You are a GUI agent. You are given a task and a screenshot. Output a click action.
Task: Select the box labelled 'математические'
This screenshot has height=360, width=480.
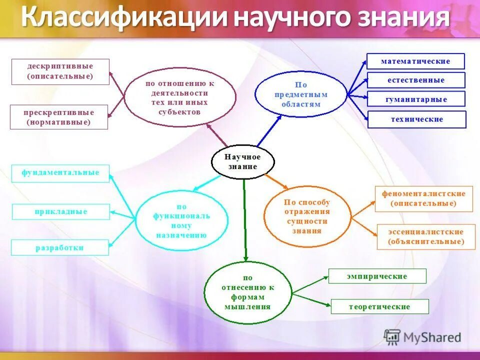pyautogui.click(x=415, y=61)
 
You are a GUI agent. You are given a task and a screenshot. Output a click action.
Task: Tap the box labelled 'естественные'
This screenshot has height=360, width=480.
pyautogui.click(x=416, y=80)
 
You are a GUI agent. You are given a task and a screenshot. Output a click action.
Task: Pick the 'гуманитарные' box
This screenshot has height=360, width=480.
pyautogui.click(x=416, y=99)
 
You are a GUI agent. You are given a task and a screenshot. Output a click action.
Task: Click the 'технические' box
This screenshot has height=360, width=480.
pyautogui.click(x=416, y=119)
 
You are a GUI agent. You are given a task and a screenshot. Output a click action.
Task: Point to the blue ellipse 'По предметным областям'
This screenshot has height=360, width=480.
pyautogui.click(x=300, y=93)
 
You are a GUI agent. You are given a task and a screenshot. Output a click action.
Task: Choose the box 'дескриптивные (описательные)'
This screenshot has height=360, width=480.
pyautogui.click(x=60, y=71)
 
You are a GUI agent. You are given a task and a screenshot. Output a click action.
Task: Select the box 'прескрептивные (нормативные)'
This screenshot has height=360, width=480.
pyautogui.click(x=58, y=116)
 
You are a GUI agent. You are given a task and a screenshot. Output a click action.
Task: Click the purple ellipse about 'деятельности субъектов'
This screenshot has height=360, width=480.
pyautogui.click(x=179, y=97)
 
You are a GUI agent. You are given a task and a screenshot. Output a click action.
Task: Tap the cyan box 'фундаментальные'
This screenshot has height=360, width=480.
pyautogui.click(x=60, y=173)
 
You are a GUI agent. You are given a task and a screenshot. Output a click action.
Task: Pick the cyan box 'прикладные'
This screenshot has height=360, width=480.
pyautogui.click(x=60, y=212)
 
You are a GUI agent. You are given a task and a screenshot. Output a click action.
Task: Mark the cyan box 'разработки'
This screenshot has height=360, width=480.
pyautogui.click(x=59, y=247)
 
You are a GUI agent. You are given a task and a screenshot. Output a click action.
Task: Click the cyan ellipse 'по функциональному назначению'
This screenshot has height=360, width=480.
pyautogui.click(x=181, y=220)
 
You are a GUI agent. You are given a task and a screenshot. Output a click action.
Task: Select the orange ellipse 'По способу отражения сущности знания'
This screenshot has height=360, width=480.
pyautogui.click(x=307, y=216)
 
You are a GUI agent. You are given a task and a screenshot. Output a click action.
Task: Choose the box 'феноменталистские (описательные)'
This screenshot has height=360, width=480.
pyautogui.click(x=423, y=198)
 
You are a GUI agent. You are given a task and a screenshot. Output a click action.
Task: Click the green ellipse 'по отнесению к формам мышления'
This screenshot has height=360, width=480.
pyautogui.click(x=247, y=292)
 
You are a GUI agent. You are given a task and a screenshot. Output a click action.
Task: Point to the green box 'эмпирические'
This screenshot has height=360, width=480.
pyautogui.click(x=377, y=276)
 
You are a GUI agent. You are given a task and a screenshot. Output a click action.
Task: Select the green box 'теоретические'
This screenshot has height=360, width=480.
pyautogui.click(x=379, y=306)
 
